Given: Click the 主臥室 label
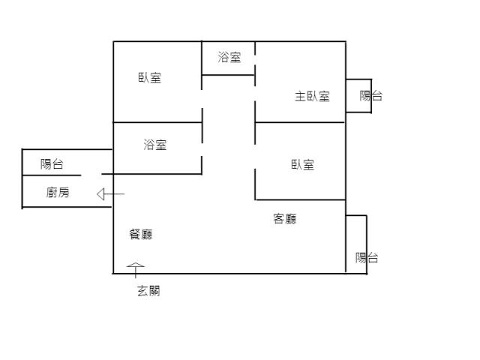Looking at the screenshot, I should click(312, 96).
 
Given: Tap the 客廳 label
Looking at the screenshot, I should click(284, 219).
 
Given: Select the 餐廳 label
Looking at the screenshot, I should click(141, 234).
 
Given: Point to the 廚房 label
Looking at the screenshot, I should click(58, 193).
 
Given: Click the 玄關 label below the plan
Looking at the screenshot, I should click(148, 291).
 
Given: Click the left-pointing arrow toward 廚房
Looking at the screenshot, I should click(109, 194).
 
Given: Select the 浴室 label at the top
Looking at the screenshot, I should click(229, 57).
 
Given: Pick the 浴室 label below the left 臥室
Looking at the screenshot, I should click(155, 145).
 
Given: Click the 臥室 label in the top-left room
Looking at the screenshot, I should click(149, 77).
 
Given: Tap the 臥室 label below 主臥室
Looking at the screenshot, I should click(302, 164).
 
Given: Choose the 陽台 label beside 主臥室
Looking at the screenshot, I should click(370, 95).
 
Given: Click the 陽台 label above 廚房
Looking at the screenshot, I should click(52, 164).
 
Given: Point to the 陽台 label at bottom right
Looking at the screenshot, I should click(367, 257).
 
